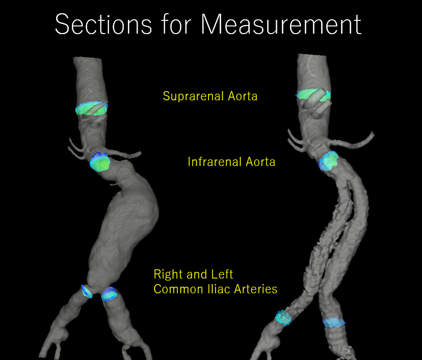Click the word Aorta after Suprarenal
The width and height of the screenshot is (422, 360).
click(x=242, y=96)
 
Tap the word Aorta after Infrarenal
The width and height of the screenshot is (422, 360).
click(x=260, y=162)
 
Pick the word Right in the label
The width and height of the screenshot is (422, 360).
click(x=168, y=274)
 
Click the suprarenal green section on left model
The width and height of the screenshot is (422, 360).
click(x=92, y=108)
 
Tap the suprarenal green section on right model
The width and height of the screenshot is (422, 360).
click(x=313, y=95)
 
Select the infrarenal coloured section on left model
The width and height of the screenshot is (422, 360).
click(x=100, y=162)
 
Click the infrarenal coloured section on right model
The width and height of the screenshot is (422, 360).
click(x=329, y=160)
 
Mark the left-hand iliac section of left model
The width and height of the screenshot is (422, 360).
click(x=86, y=291)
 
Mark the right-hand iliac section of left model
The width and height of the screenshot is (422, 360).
click(x=109, y=294)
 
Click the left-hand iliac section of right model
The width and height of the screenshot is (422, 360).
click(x=283, y=317)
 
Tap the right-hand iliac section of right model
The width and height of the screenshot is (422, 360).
click(x=333, y=322)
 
